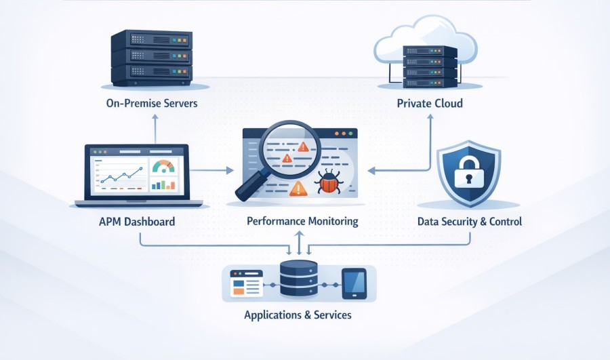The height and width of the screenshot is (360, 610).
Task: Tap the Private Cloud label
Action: pos(430,104)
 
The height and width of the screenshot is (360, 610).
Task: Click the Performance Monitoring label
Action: pos(302,222)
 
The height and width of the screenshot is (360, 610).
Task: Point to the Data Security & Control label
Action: pos(470,222)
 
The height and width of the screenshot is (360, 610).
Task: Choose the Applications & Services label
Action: pos(298,315)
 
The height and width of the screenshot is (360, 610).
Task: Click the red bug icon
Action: pos(329,182)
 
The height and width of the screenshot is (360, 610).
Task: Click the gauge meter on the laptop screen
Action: pos(163,166)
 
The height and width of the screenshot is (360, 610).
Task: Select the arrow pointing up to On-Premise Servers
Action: pos(155,118)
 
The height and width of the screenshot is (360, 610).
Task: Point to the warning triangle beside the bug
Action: pos(299,189)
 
